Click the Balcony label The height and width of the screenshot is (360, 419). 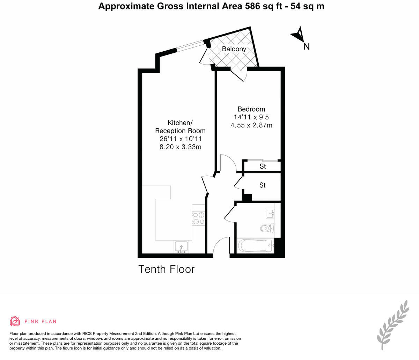pos(234,49)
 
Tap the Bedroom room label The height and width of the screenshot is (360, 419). pos(251,109)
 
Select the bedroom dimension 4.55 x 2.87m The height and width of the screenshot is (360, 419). pos(251,125)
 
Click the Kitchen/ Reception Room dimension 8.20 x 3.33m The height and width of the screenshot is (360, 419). pos(180,147)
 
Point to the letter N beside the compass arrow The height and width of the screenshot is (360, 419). pos(306,46)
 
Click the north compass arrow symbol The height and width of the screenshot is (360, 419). pos(297,34)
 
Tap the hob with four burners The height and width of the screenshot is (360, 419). pos(199,218)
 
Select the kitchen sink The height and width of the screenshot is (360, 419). pos(181,247)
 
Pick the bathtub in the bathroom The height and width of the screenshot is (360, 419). pos(255,246)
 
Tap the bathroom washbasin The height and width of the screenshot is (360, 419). pos(270,213)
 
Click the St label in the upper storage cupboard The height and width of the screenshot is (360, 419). pos(263,167)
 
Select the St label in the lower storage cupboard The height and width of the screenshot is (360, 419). pos(262,185)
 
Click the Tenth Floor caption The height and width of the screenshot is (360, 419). pos(166,269)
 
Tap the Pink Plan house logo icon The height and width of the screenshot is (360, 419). pos(15,321)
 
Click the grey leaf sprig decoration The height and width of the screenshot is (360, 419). pos(393,324)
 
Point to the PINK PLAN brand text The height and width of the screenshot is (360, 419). pos(40,322)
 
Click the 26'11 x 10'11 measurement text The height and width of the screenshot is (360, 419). pos(180,139)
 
